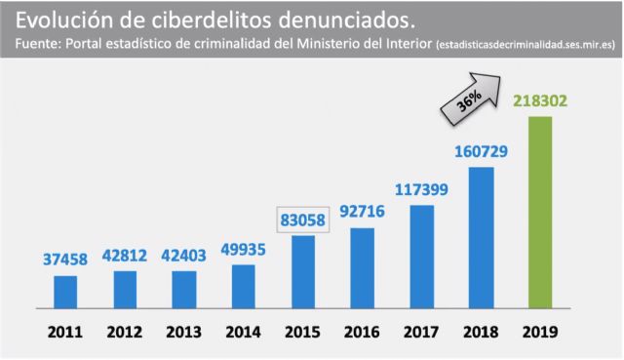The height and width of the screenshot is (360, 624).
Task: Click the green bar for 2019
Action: tap(539, 211)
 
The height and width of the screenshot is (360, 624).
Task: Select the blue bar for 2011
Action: tap(65, 290)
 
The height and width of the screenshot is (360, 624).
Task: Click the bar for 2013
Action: tap(184, 288)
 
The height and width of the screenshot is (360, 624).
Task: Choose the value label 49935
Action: tap(244, 248)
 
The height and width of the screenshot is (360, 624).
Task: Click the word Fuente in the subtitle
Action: tap(39, 45)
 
